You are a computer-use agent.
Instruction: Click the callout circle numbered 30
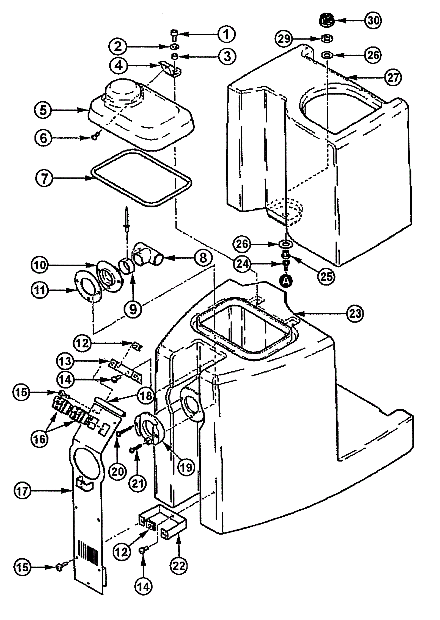coord(373,20)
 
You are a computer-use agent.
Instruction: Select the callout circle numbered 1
coord(226,34)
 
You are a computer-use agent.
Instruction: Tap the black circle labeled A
coord(286,280)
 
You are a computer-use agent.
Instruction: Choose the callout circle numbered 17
coord(23,491)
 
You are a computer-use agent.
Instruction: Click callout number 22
coord(179,565)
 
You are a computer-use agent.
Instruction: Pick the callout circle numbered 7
coord(44,178)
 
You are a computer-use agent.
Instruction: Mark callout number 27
coord(393,77)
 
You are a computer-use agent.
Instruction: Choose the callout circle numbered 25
coord(326,276)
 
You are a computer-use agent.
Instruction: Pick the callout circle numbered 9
coord(133,309)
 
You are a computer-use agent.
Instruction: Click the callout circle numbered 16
coord(39,439)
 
